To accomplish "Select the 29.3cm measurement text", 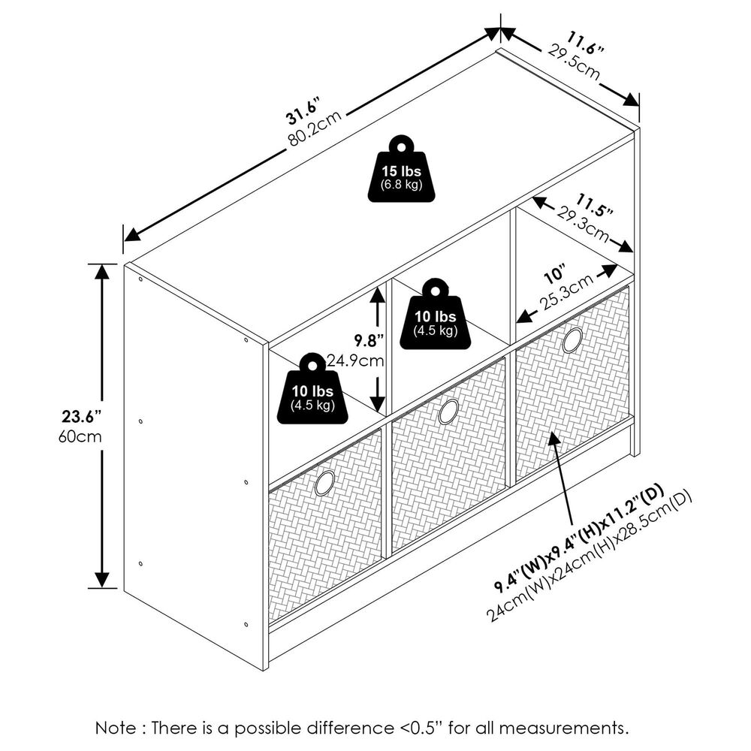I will (578, 225).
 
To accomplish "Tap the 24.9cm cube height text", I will (356, 360).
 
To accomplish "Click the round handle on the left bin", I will (325, 482).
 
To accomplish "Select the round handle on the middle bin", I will (448, 411).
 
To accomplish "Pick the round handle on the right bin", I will (572, 340).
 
